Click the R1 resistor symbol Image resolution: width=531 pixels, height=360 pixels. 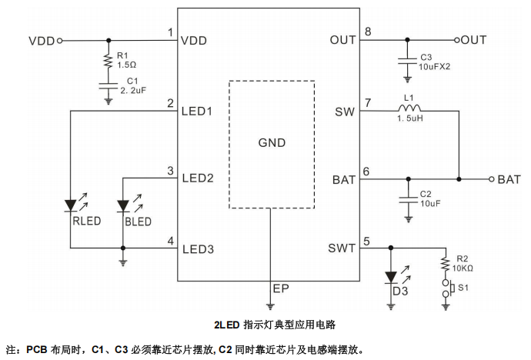[x=109, y=59]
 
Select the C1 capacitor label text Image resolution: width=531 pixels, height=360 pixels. [x=132, y=81]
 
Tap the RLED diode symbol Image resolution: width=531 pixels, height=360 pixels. [x=71, y=205]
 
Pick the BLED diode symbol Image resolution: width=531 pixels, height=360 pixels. [x=123, y=205]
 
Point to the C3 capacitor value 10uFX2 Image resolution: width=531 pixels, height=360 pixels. [x=436, y=66]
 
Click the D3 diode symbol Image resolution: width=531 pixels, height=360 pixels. [x=390, y=275]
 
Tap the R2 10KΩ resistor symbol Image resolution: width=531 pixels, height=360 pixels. [x=445, y=264]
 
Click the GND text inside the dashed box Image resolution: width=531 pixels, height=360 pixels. [x=271, y=143]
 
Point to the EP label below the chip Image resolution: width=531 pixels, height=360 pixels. [x=280, y=288]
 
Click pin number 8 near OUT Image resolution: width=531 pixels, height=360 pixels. [x=368, y=32]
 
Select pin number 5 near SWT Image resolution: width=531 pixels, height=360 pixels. [x=367, y=240]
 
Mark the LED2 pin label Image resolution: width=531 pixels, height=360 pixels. [x=197, y=178]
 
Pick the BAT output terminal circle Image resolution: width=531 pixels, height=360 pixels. [x=491, y=179]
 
